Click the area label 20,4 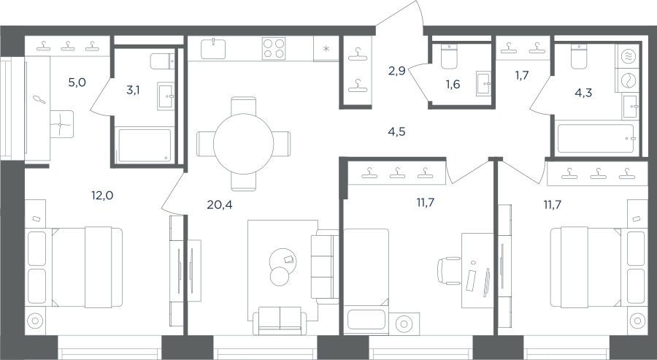tap(220, 204)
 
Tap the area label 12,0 tap(103, 195)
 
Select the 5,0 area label tap(77, 82)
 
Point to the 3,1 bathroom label tap(134, 90)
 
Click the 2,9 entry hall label tap(396, 71)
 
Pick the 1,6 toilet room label tap(453, 84)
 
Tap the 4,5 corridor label tap(396, 132)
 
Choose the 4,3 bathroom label tap(583, 93)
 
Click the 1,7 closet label tap(522, 75)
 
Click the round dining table tap(243, 144)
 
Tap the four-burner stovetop tap(274, 49)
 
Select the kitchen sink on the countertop tap(213, 49)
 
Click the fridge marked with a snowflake tap(326, 49)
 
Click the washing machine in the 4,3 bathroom tap(627, 80)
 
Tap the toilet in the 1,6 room tap(449, 57)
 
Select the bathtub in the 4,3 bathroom tap(596, 138)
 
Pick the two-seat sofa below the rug tap(280, 321)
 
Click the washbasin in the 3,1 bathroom tap(166, 96)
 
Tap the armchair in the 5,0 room tap(61, 124)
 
